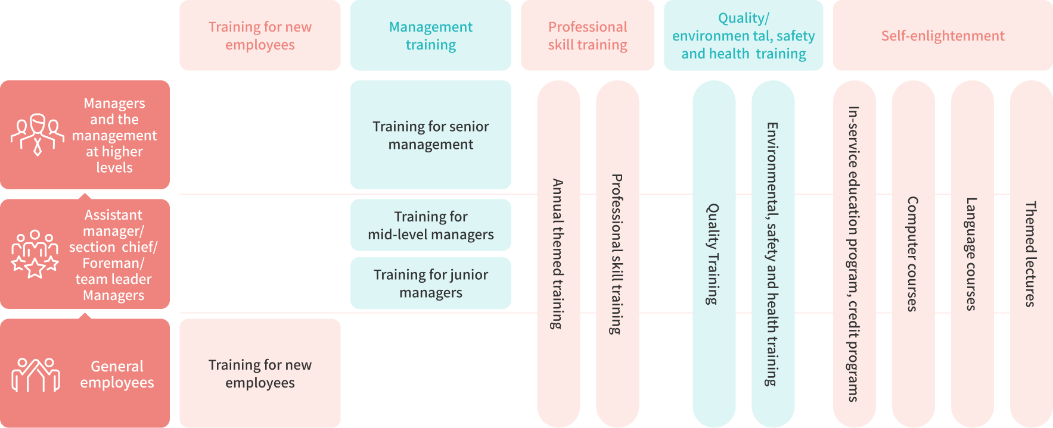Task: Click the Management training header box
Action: tap(430, 36)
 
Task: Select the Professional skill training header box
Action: tap(587, 36)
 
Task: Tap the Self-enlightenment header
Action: tap(942, 36)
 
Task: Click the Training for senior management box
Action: tap(430, 135)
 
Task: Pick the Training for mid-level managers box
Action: tap(430, 225)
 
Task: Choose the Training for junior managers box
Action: tap(430, 283)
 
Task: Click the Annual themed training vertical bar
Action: tap(558, 254)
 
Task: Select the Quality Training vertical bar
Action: tap(713, 254)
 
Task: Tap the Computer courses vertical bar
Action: tap(912, 254)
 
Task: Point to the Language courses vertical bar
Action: tap(971, 254)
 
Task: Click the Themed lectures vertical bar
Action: tap(1030, 254)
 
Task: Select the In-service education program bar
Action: tap(853, 254)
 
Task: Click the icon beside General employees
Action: tap(36, 374)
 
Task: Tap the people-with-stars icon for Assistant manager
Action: tap(35, 254)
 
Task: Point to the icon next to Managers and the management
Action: tap(37, 135)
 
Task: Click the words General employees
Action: tap(117, 374)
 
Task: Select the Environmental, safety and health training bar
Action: tap(772, 254)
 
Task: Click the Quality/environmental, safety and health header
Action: tap(743, 36)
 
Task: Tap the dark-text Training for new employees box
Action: tap(260, 373)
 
